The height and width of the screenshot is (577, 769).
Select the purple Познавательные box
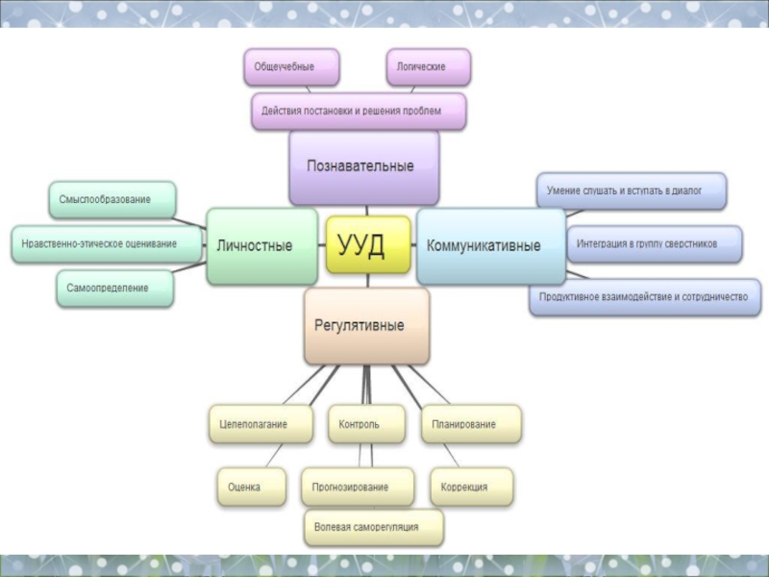pyautogui.click(x=363, y=167)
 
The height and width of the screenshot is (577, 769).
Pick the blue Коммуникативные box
pyautogui.click(x=483, y=246)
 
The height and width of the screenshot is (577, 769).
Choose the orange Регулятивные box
pyautogui.click(x=366, y=326)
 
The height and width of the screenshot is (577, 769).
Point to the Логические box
pyautogui.click(x=429, y=67)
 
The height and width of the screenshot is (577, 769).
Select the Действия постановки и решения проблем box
pyautogui.click(x=359, y=112)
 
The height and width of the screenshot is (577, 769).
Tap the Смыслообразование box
pyautogui.click(x=112, y=199)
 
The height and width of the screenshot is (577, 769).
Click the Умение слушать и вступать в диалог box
pyautogui.click(x=630, y=191)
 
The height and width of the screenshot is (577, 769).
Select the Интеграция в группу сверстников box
pyautogui.click(x=655, y=244)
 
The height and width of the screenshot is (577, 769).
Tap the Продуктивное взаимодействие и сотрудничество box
pyautogui.click(x=644, y=297)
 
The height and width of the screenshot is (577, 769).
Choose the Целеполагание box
pyautogui.click(x=260, y=424)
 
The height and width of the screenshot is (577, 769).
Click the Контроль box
pyautogui.click(x=366, y=424)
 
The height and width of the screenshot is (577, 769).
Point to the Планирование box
pyautogui.click(x=471, y=424)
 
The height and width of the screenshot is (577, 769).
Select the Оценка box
pyautogui.click(x=252, y=487)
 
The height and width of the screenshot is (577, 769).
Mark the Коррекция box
pyautogui.click(x=471, y=487)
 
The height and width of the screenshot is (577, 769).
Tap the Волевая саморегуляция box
pyautogui.click(x=375, y=528)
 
